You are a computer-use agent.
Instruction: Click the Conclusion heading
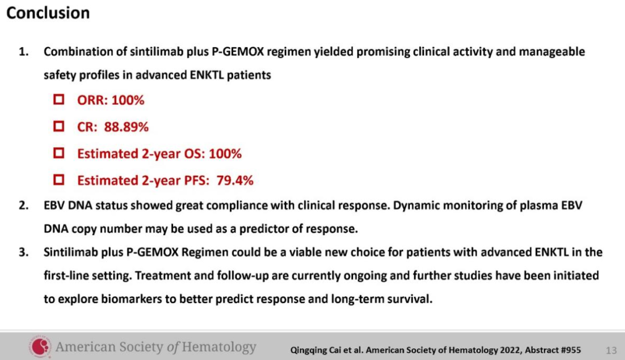48,13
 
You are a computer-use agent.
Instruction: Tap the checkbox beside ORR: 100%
59,99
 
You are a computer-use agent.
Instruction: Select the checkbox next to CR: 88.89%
59,126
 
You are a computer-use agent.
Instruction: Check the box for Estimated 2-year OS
59,153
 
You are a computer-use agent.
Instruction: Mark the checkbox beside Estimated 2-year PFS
59,180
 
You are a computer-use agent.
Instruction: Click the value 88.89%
126,127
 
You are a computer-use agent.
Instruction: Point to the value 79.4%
235,180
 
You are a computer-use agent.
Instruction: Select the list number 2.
23,205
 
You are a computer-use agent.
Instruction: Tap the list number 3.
23,252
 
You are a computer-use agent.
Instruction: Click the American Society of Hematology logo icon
40,346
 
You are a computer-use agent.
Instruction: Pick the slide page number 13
611,351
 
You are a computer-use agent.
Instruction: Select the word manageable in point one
551,52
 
